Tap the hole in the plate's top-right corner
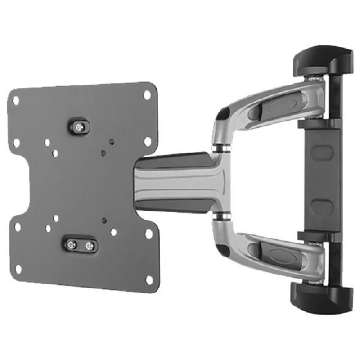click(147, 95)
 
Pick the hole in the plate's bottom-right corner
click(149, 279)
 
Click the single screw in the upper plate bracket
click(80, 127)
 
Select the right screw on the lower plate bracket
click(89, 246)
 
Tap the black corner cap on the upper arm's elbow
click(221, 115)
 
